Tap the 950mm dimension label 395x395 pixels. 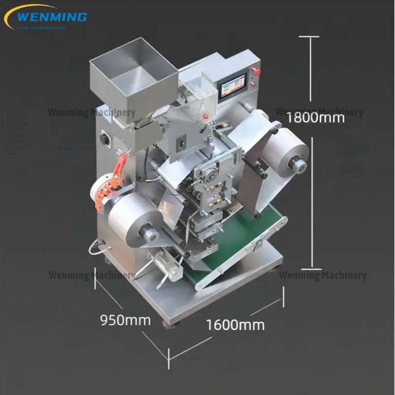(125, 320)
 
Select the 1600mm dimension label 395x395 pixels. (235, 325)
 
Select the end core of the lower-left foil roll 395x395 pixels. (147, 230)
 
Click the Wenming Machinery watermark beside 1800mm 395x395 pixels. (319, 112)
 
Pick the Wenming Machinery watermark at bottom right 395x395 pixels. (322, 275)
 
